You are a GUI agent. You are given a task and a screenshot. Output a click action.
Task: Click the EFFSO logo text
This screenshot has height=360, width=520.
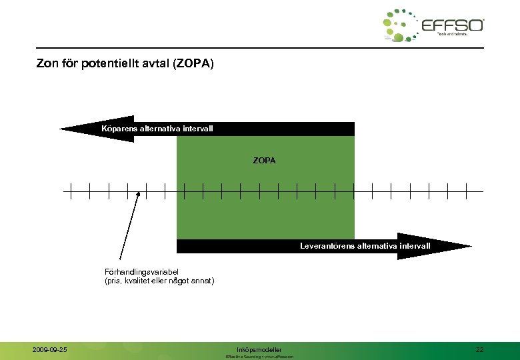coord(453,25)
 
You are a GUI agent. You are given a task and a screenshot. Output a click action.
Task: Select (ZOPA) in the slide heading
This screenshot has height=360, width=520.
coord(193,65)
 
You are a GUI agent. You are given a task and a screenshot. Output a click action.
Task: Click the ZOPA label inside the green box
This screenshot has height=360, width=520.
coord(264,161)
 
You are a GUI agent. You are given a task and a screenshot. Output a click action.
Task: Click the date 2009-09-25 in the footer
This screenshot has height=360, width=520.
coord(49,349)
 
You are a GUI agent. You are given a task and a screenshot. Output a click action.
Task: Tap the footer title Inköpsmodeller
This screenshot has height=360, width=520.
coord(259,349)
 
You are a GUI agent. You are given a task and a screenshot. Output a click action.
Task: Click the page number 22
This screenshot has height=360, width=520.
coord(480,349)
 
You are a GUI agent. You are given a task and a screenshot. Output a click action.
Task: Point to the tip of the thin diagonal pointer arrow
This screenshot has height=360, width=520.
coord(139,193)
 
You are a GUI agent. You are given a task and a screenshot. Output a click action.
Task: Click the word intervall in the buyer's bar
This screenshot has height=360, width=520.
coord(197,128)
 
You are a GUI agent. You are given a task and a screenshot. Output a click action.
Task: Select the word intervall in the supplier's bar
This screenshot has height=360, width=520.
coord(415,246)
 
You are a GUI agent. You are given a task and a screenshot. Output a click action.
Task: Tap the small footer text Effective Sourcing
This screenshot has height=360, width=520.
coord(243,357)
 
